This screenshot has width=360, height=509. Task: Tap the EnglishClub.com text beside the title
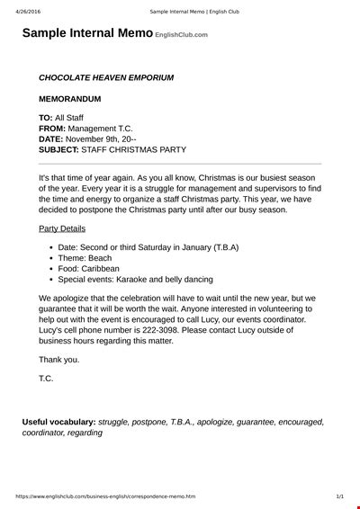point(181,35)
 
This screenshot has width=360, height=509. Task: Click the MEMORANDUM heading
point(70,98)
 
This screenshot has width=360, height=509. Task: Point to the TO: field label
point(46,118)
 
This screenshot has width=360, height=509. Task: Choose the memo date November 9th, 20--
point(111,139)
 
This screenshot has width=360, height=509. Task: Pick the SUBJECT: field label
point(59,150)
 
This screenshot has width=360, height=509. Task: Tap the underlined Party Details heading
point(62,228)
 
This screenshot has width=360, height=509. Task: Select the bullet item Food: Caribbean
point(91,268)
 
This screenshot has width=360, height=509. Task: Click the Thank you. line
point(59,360)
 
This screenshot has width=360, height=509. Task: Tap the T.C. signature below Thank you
point(46,379)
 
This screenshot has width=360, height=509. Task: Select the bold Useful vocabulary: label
point(58,421)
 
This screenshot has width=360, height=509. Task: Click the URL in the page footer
point(98,496)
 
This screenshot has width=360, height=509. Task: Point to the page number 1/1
point(339,496)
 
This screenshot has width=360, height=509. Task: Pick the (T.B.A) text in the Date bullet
point(226,246)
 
